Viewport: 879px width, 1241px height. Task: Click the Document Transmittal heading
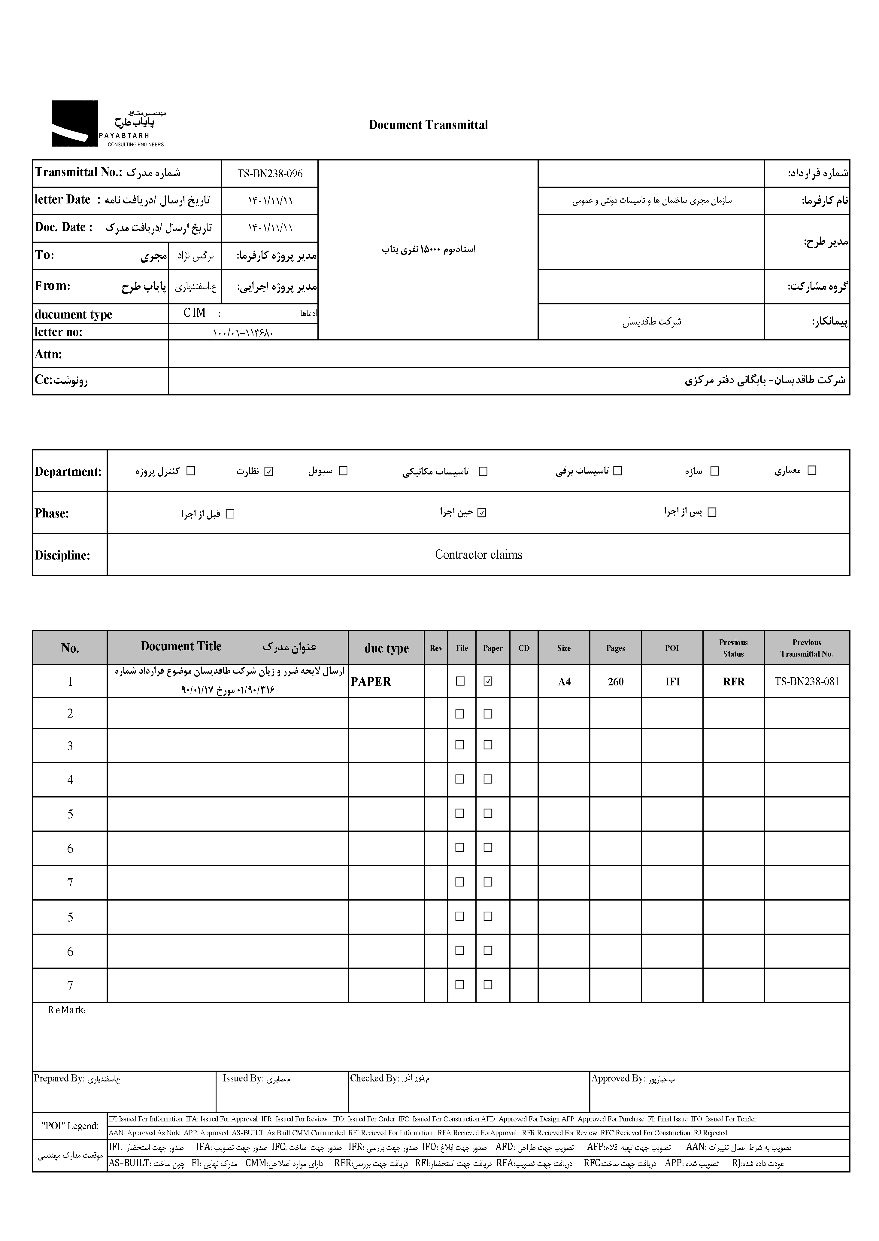point(428,125)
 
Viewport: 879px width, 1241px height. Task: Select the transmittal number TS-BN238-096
point(270,174)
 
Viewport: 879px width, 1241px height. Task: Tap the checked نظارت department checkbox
point(269,471)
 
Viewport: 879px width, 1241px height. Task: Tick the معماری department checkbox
point(811,471)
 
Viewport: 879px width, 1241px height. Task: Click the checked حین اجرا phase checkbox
point(482,512)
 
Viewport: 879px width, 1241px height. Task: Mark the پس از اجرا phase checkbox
point(712,512)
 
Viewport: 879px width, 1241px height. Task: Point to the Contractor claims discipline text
point(478,554)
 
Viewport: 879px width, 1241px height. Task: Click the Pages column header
point(615,648)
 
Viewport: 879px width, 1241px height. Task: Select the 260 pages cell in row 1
point(615,682)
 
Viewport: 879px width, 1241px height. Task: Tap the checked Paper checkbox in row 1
point(488,682)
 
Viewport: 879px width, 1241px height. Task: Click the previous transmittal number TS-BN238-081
point(806,682)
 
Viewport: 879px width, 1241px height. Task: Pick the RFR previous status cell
point(733,682)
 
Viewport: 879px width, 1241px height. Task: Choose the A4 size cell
point(564,682)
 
